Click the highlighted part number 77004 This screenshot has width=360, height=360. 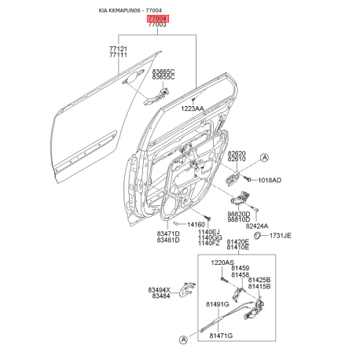tap(157, 19)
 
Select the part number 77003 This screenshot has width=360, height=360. tap(157, 24)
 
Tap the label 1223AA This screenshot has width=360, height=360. tap(193, 108)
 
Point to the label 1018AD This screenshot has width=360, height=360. tap(270, 180)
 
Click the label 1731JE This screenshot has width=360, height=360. tap(281, 236)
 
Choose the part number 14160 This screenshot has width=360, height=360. tap(196, 225)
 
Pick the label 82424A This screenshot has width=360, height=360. tap(257, 226)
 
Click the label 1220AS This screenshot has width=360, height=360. tap(222, 263)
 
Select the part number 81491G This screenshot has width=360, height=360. tap(218, 304)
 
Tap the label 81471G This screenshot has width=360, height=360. tap(221, 336)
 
